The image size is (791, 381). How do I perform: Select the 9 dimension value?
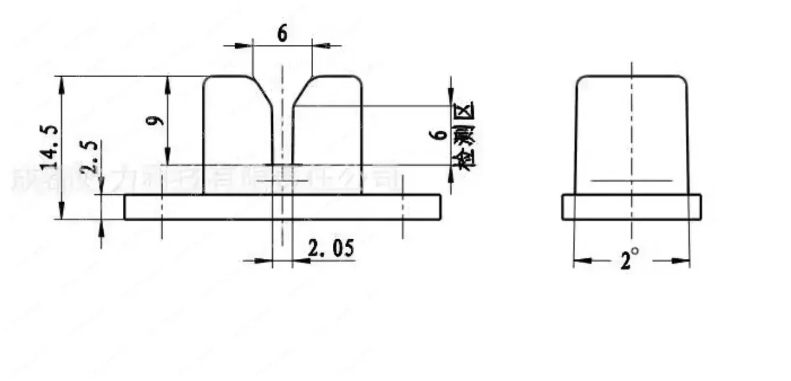pyautogui.click(x=158, y=118)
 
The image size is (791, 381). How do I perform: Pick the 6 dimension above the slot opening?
pyautogui.click(x=282, y=35)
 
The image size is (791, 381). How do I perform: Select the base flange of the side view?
pyautogui.click(x=631, y=207)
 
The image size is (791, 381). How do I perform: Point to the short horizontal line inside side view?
pyautogui.click(x=631, y=181)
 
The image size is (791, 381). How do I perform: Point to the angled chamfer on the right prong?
pyautogui.click(x=302, y=91)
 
